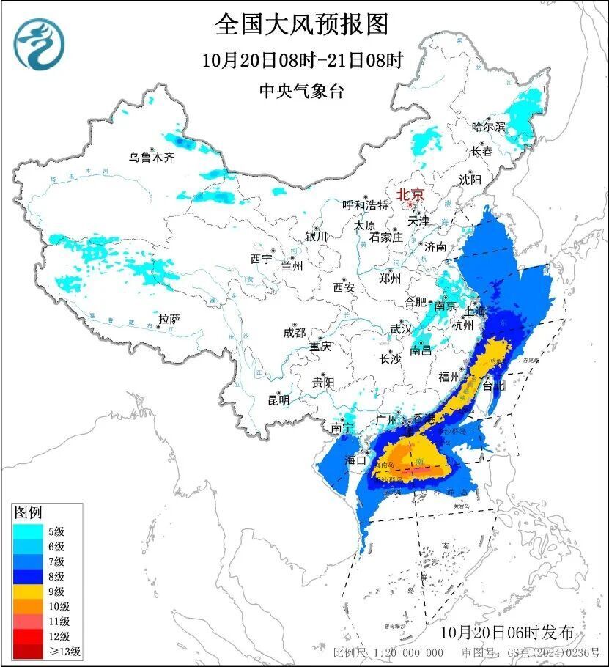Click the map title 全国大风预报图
point(301,25)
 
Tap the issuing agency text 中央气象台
point(301,91)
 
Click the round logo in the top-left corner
point(39,43)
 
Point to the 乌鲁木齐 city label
point(152,157)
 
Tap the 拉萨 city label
point(169,319)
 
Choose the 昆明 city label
point(278,400)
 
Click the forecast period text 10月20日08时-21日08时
point(301,60)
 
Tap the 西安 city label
point(344,287)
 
